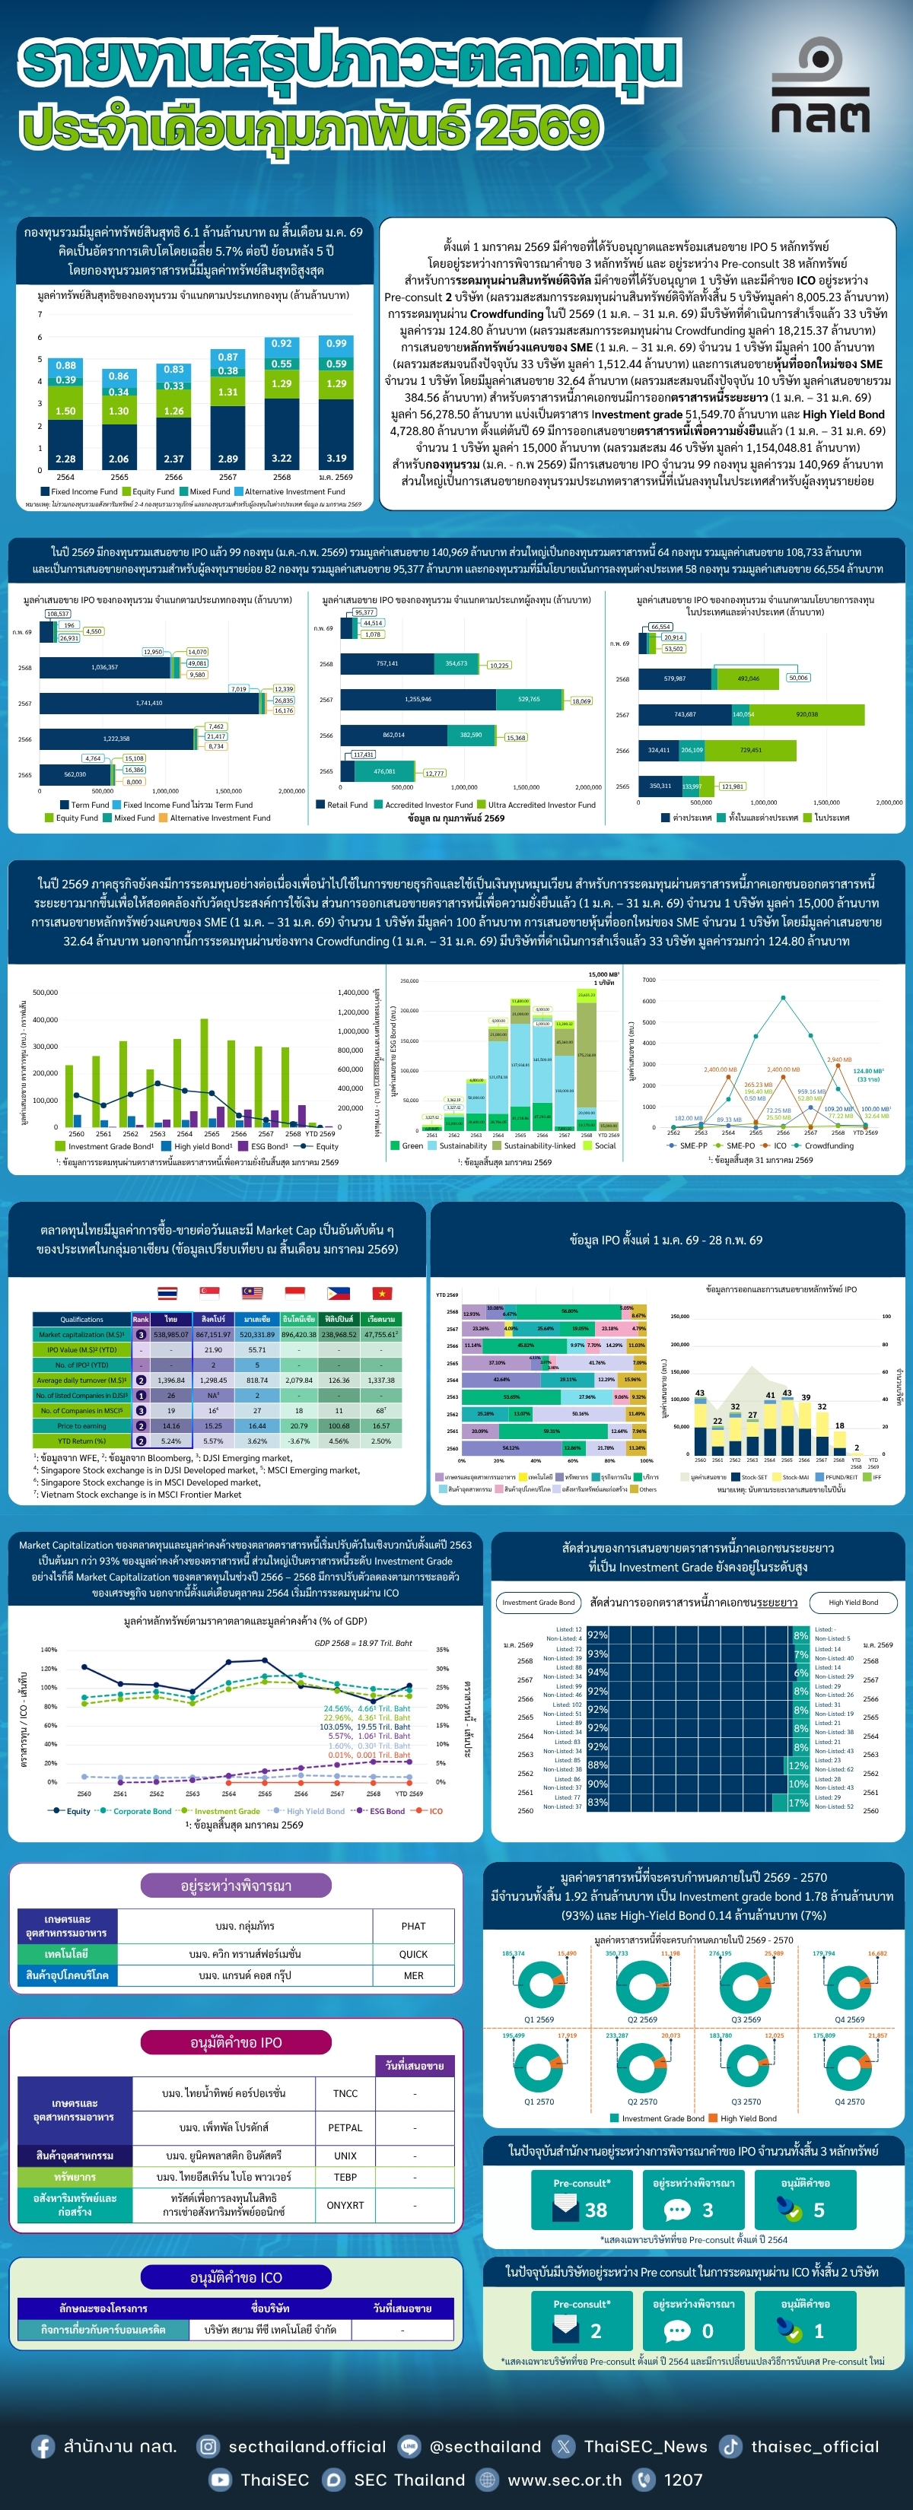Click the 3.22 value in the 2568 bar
pyautogui.click(x=282, y=458)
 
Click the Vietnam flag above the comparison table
pyautogui.click(x=382, y=1293)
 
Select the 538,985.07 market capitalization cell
pyautogui.click(x=170, y=1335)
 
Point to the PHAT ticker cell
pyautogui.click(x=413, y=1927)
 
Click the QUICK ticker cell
pyautogui.click(x=413, y=1954)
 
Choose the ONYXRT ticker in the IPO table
pyautogui.click(x=345, y=2205)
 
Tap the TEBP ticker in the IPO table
pyautogui.click(x=345, y=2177)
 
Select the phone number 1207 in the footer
pyautogui.click(x=683, y=2480)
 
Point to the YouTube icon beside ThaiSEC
pyautogui.click(x=221, y=2480)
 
